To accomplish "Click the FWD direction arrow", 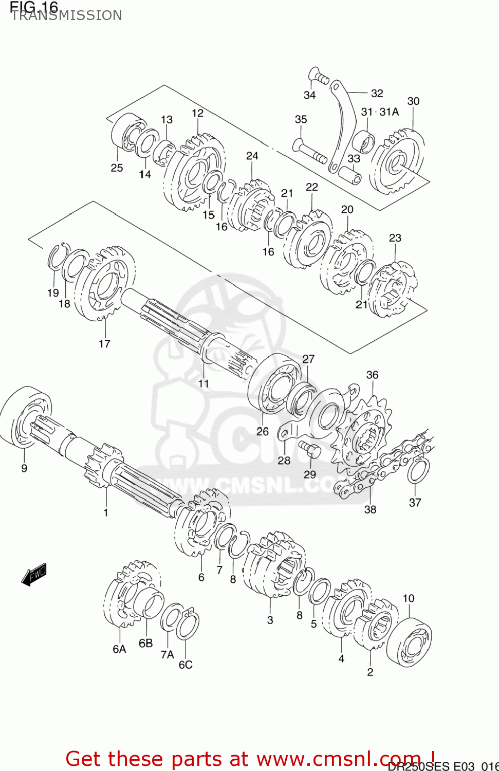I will pyautogui.click(x=34, y=574).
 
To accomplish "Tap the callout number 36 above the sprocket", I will pyautogui.click(x=372, y=375).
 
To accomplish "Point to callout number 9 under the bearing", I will pyautogui.click(x=24, y=468).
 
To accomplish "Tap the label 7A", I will pyautogui.click(x=167, y=654).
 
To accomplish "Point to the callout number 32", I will pyautogui.click(x=377, y=93).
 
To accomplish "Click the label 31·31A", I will pyautogui.click(x=380, y=112).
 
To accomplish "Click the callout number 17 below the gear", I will pyautogui.click(x=104, y=343).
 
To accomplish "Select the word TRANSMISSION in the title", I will pyautogui.click(x=66, y=15).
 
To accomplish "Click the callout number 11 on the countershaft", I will pyautogui.click(x=204, y=383).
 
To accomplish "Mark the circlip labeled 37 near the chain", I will pyautogui.click(x=418, y=471).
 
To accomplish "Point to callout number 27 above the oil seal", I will pyautogui.click(x=308, y=359).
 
